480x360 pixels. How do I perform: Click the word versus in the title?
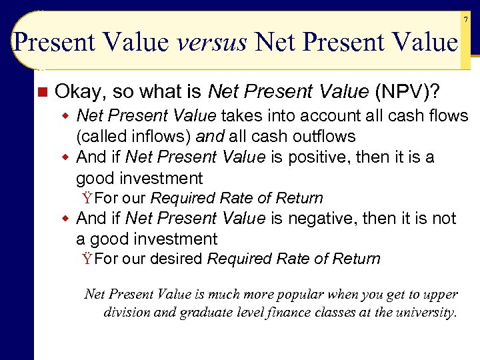click(213, 43)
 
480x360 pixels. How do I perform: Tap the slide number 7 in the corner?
click(466, 20)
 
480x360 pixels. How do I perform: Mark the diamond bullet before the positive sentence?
click(66, 157)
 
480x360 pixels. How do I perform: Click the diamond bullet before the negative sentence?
click(66, 218)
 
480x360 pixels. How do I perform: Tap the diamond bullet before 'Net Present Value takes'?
click(66, 116)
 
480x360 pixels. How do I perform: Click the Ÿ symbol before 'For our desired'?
click(87, 259)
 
